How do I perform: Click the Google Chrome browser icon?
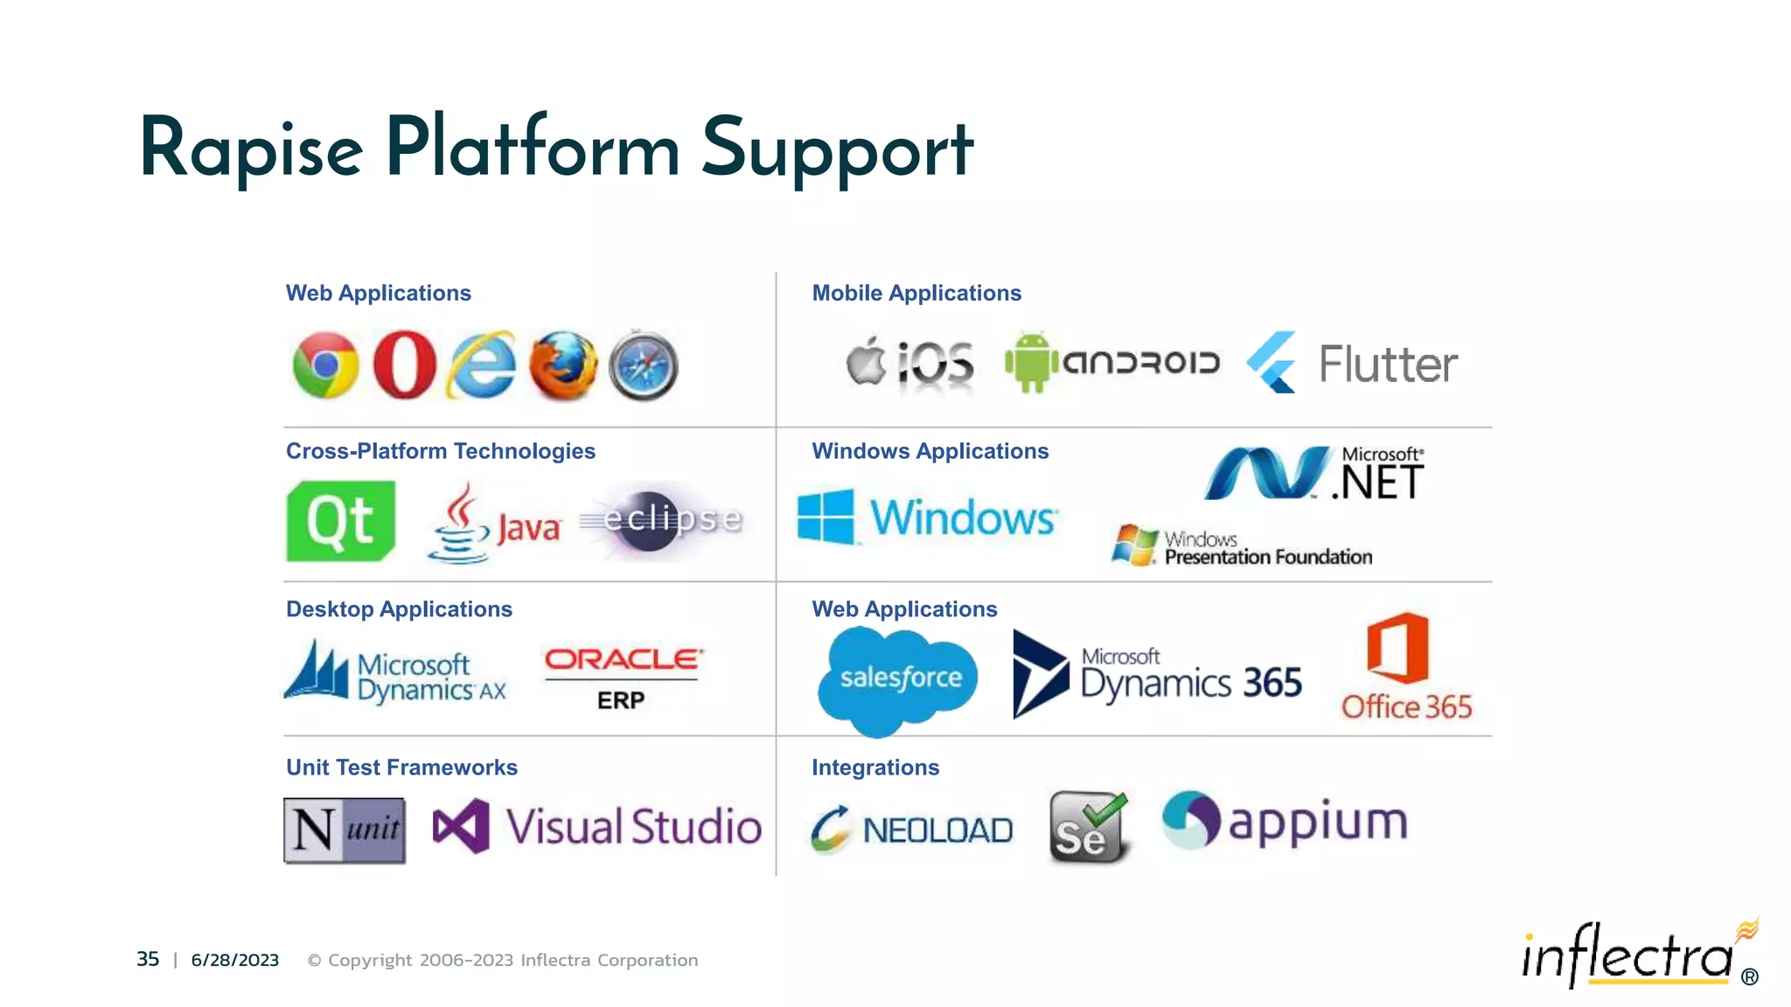tap(325, 365)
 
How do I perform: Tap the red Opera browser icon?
tap(404, 365)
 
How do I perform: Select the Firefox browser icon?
tap(563, 365)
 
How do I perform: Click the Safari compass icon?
tap(644, 365)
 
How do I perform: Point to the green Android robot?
tap(1032, 362)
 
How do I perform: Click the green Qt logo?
tap(341, 521)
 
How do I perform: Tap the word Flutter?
tap(1388, 365)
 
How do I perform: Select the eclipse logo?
tap(670, 519)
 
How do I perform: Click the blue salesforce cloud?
tap(899, 678)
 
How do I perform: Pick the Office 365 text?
tap(1406, 706)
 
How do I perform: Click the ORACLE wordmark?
tap(623, 659)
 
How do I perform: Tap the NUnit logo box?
tap(345, 830)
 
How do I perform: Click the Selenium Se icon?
tap(1088, 828)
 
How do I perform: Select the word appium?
tap(1318, 823)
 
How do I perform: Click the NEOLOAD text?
tap(937, 830)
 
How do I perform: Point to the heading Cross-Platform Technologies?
tap(440, 451)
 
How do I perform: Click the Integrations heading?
tap(875, 767)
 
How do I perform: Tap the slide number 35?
tap(148, 959)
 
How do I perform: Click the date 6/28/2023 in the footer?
tap(234, 960)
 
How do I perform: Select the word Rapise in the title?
tap(251, 149)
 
